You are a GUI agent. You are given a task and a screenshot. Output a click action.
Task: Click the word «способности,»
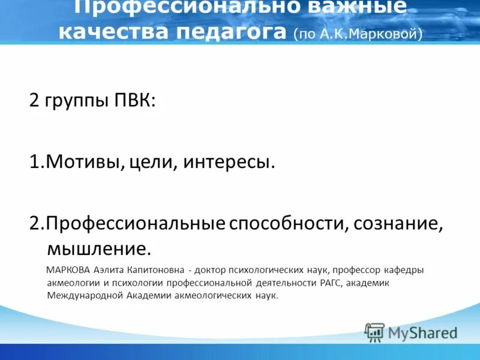pos(288,224)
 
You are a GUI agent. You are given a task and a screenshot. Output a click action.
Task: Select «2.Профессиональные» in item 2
pos(127,224)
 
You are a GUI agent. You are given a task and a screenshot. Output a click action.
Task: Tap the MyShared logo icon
pos(374,332)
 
